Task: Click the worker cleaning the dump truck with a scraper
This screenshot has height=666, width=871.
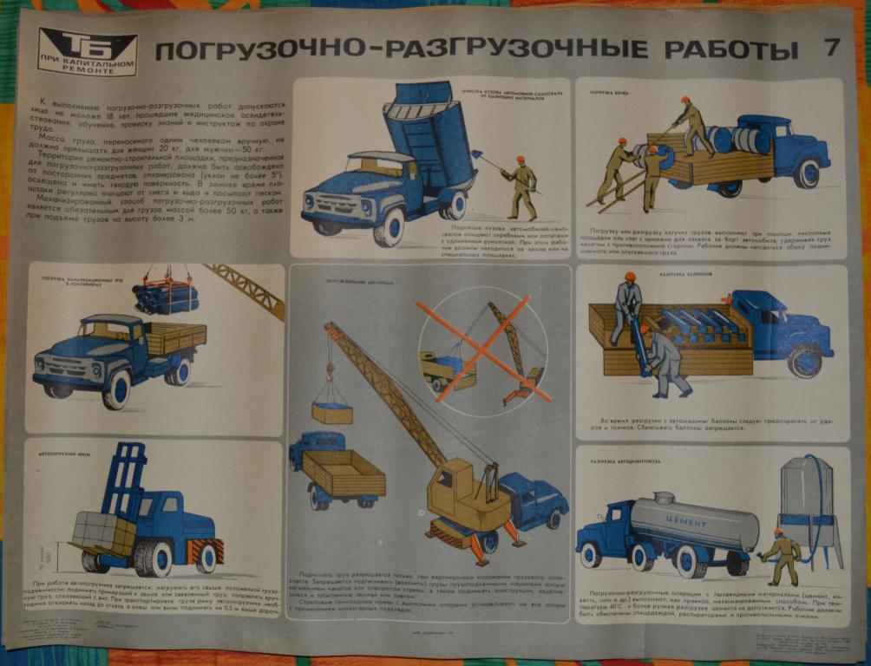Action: point(522,186)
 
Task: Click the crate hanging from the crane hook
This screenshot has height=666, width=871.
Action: point(332,412)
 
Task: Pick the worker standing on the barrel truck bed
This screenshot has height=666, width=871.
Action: point(691,126)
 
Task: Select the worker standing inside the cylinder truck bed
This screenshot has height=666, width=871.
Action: point(626,306)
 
